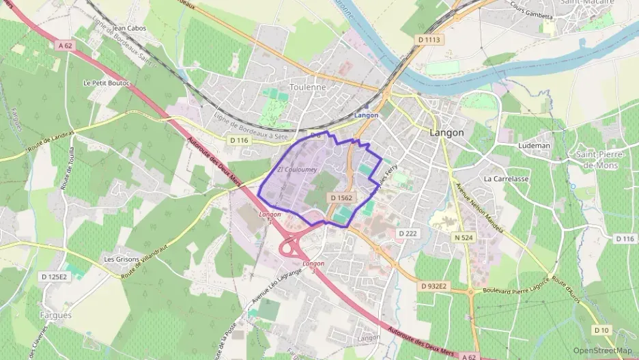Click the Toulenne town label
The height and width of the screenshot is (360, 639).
(x=308, y=87)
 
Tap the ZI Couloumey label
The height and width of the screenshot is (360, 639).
(x=296, y=169)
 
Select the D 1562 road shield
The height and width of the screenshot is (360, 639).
(x=341, y=197)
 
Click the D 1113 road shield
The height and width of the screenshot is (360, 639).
(x=429, y=40)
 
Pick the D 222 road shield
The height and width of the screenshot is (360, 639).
(x=407, y=233)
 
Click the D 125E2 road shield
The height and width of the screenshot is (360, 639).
(x=54, y=277)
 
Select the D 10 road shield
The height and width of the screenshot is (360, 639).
(x=601, y=331)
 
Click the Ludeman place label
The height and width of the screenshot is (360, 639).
(x=534, y=146)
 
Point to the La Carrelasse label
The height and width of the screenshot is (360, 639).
(x=506, y=178)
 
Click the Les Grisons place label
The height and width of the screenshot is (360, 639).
(x=122, y=260)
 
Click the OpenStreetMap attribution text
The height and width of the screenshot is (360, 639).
(x=602, y=350)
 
